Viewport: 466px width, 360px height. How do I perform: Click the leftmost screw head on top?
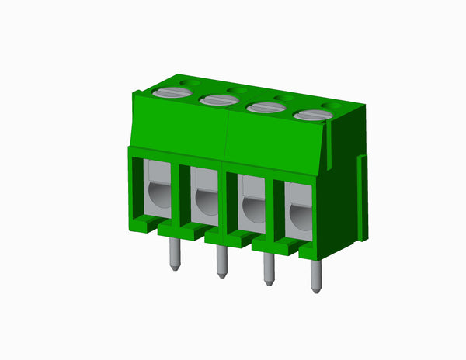click(172, 92)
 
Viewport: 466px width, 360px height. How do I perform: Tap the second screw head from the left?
click(217, 99)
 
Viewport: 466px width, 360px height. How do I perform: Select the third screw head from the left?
click(264, 108)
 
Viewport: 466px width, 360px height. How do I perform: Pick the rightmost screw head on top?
click(312, 116)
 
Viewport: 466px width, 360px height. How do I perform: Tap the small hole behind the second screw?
click(232, 89)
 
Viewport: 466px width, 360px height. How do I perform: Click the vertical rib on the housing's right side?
click(361, 198)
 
